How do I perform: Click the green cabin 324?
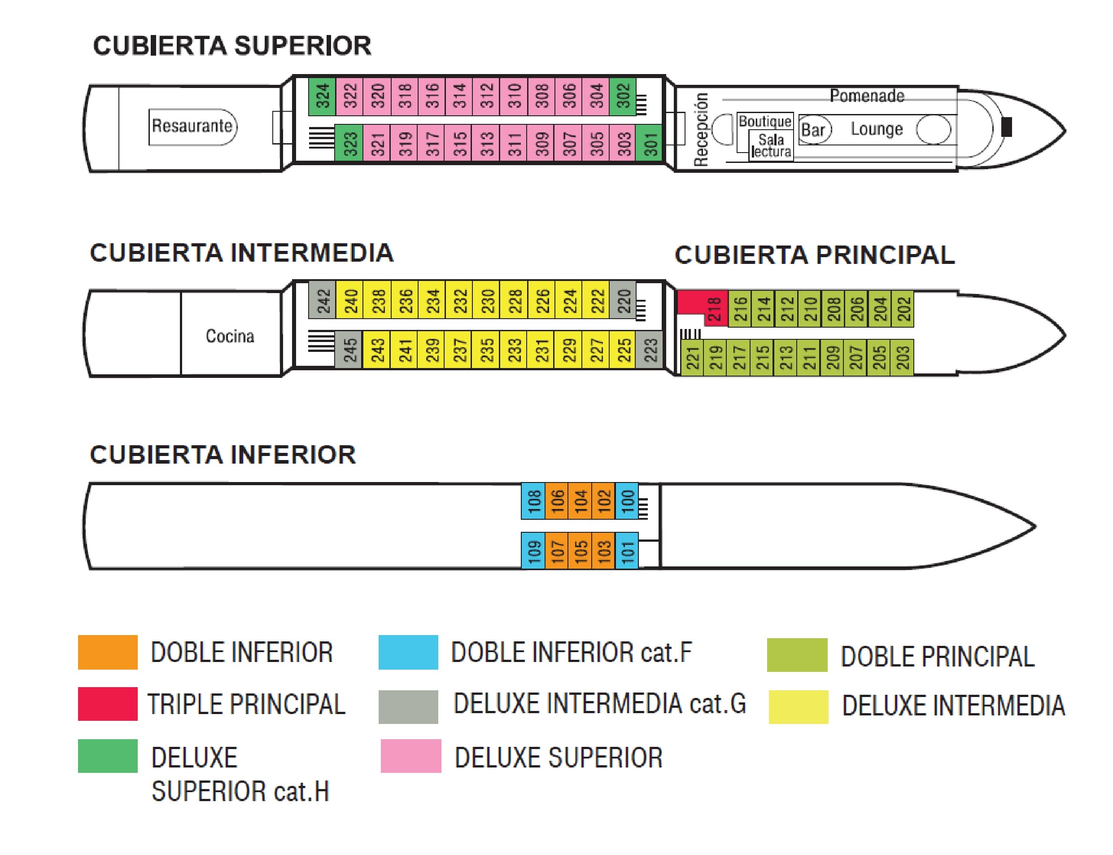pos(322,96)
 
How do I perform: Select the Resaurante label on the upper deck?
pos(192,126)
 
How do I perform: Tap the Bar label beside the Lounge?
pos(813,130)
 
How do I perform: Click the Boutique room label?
pos(764,121)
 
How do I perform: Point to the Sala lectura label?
pos(771,145)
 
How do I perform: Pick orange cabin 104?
pos(580,501)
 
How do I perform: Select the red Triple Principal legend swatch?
pos(107,703)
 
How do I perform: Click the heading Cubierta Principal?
pos(814,255)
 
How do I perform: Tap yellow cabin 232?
pos(459,300)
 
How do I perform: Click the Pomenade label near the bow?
pos(866,96)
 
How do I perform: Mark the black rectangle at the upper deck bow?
pos(1006,127)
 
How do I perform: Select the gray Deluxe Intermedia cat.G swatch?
pos(408,706)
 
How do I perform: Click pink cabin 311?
pos(513,143)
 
